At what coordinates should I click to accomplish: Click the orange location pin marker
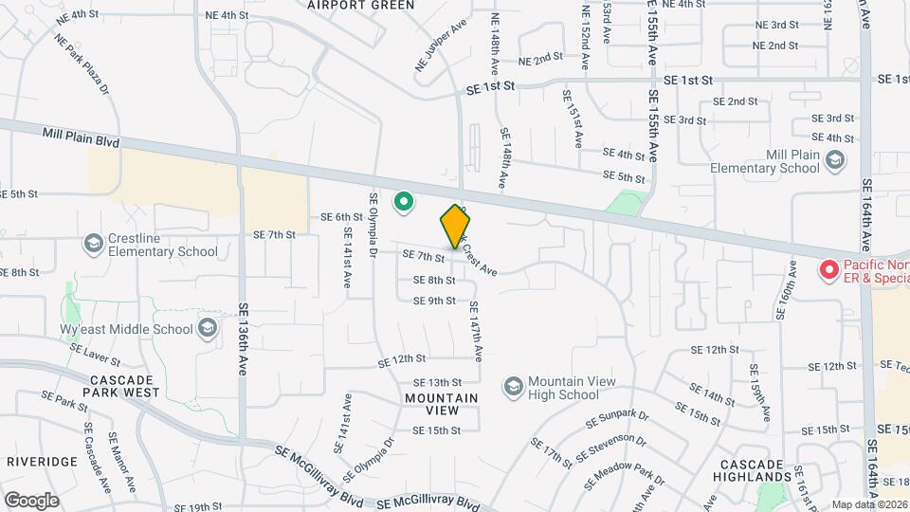[455, 226]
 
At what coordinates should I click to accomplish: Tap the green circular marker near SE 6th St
[404, 202]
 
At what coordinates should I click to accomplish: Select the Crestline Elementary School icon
[93, 245]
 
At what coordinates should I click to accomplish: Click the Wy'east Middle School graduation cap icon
[207, 329]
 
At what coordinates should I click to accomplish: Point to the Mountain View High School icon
[513, 388]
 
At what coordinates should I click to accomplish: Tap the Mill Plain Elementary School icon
[834, 161]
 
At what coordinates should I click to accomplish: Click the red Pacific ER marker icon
[828, 270]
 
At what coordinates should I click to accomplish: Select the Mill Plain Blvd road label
[81, 138]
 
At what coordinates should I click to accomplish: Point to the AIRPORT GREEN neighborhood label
[361, 5]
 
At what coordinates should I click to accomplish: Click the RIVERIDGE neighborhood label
[42, 461]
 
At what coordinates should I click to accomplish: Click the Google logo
[31, 500]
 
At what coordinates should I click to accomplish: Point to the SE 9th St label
[434, 301]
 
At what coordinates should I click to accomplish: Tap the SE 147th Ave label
[476, 329]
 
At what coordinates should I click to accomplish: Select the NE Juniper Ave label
[441, 46]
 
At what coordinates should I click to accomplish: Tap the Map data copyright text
[869, 504]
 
